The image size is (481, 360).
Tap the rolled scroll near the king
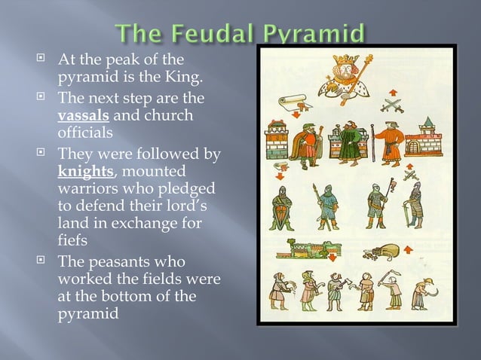point(292,99)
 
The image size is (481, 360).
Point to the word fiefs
point(74,241)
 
